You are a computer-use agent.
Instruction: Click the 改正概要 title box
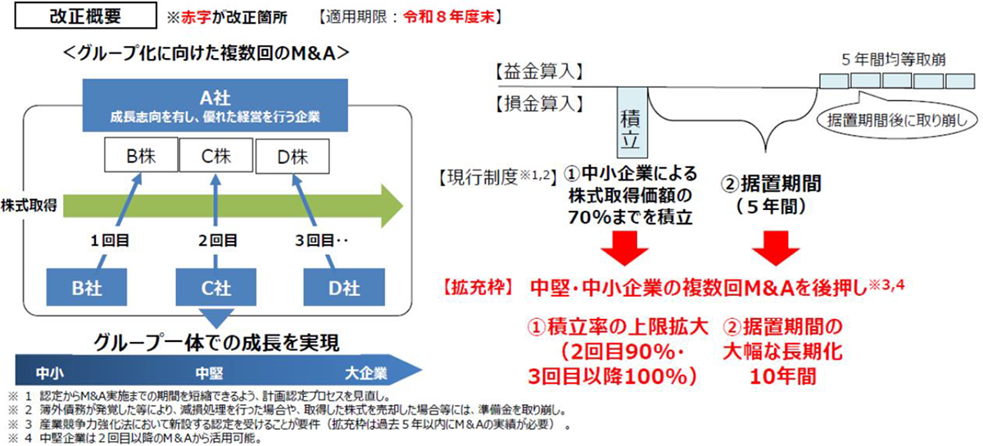coord(85,16)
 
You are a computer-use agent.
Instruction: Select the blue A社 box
coord(215,106)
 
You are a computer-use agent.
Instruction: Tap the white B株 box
coord(141,155)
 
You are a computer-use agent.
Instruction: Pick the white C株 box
coord(216,155)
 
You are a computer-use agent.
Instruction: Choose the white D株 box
coord(292,157)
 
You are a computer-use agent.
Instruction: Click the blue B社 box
coord(87,288)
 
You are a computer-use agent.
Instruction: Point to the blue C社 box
coord(216,288)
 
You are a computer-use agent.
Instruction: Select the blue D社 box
coord(344,288)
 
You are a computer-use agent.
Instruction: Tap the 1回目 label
coord(110,241)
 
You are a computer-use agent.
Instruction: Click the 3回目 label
coord(315,241)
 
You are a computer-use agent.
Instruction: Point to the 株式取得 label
coord(29,205)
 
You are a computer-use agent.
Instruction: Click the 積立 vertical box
coord(632,123)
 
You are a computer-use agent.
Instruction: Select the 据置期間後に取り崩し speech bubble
coord(897,118)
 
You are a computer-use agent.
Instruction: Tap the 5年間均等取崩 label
coord(894,59)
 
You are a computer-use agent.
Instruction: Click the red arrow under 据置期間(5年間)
coord(776,248)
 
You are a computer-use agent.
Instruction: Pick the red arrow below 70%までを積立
coord(624,248)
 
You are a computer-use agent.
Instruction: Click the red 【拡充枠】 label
coord(477,287)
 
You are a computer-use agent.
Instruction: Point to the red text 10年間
coord(782,376)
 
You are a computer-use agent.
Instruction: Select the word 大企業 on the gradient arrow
coord(366,374)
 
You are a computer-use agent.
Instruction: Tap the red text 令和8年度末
coord(449,16)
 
